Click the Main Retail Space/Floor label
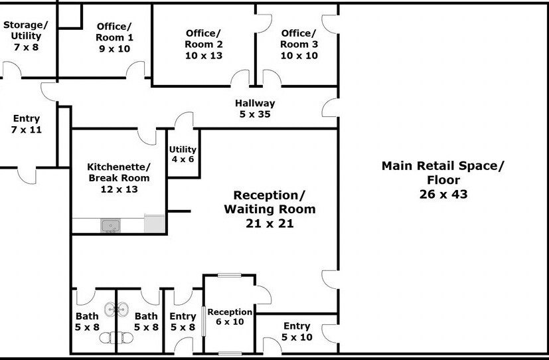[x=443, y=179]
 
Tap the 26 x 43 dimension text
[x=443, y=194]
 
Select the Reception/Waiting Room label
[x=270, y=209]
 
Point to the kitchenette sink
[x=111, y=226]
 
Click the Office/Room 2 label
[x=203, y=44]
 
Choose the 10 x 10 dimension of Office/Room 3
[x=299, y=55]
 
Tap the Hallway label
[x=255, y=103]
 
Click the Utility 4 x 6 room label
[x=183, y=154]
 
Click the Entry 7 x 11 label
[x=27, y=124]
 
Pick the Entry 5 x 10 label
[x=297, y=331]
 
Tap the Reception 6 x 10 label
[x=230, y=317]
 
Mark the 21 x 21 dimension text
[x=270, y=223]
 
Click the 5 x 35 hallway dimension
[x=255, y=114]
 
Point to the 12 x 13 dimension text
[x=119, y=189]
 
